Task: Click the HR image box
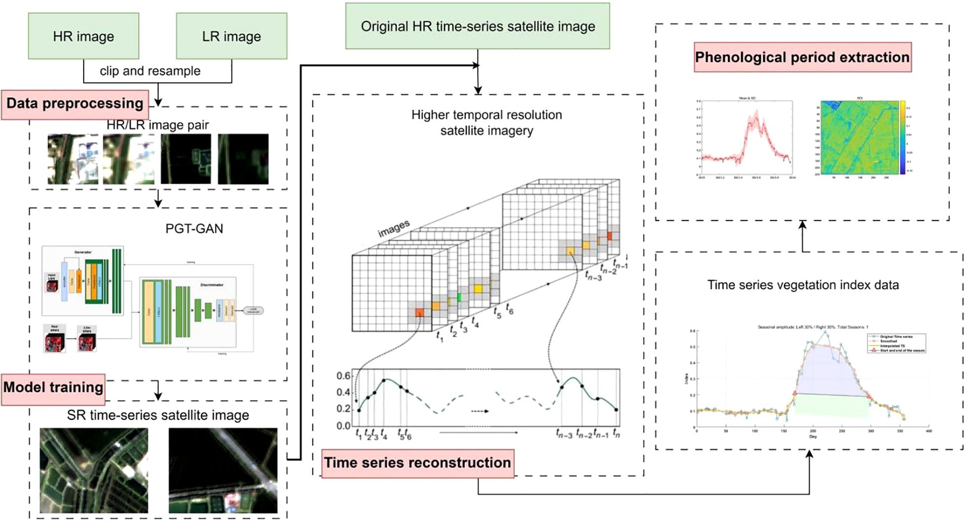(x=83, y=36)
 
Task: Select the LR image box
(x=231, y=36)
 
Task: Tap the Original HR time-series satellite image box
(x=477, y=26)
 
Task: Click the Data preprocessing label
(x=75, y=104)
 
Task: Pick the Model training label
(x=53, y=388)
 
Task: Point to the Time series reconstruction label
(x=417, y=463)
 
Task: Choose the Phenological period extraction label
(x=802, y=57)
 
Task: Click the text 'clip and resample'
(x=150, y=71)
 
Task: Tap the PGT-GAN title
(x=194, y=229)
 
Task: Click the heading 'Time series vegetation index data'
(x=803, y=285)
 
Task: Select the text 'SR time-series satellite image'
(x=158, y=415)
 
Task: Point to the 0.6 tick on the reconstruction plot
(x=343, y=376)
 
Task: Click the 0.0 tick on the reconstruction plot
(x=343, y=426)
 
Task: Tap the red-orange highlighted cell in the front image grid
(x=419, y=312)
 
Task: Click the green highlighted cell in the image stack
(x=459, y=297)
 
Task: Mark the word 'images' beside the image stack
(x=394, y=228)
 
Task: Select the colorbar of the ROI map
(x=903, y=137)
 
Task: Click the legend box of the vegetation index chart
(x=896, y=343)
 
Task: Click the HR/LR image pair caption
(x=158, y=126)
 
